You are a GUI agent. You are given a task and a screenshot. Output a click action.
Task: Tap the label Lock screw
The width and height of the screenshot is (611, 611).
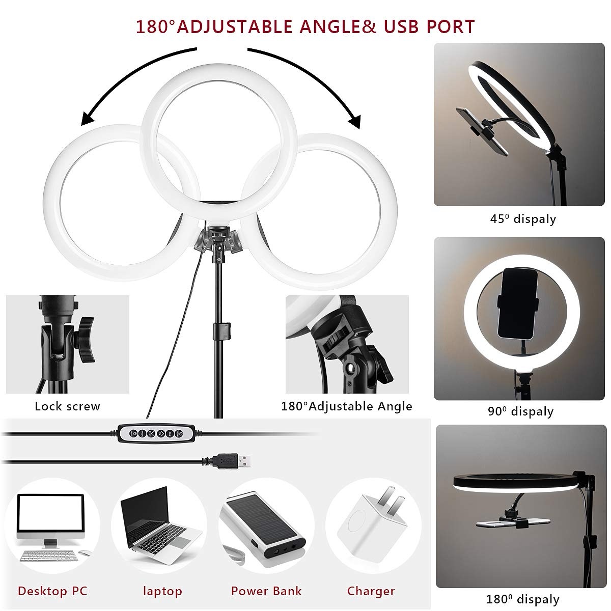pos(67,406)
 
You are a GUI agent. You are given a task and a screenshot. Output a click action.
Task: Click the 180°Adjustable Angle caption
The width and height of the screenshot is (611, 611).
pos(347,406)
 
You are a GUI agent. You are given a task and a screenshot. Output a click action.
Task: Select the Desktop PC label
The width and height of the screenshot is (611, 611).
pos(52,591)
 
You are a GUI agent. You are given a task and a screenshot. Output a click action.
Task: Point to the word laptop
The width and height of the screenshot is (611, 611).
pos(162,592)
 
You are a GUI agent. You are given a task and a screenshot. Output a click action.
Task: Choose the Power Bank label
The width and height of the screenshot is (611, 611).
pos(266,591)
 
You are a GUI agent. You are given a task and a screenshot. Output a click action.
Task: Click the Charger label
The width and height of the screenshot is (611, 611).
pos(371,591)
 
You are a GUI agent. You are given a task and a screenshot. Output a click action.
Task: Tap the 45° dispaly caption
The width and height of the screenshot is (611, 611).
pos(523,219)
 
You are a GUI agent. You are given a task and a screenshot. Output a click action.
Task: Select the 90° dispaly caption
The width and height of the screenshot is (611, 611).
pos(521,411)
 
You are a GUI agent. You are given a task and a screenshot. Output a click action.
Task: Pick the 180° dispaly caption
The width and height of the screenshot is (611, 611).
pos(523,599)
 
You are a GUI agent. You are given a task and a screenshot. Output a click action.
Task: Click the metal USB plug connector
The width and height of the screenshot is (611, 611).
pos(244,461)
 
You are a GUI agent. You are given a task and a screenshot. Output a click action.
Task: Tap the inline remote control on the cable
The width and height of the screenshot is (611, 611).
pos(156,433)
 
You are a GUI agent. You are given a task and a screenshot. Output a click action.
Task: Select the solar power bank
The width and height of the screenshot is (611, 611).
pos(263,529)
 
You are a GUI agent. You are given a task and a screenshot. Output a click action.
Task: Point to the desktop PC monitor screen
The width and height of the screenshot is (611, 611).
pos(51,514)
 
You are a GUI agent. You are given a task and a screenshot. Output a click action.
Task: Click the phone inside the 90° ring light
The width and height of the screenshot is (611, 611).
pos(518,303)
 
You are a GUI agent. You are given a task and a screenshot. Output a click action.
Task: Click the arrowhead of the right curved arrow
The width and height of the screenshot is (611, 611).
pos(355,122)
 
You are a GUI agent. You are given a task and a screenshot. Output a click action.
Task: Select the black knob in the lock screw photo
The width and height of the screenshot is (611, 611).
pos(86,340)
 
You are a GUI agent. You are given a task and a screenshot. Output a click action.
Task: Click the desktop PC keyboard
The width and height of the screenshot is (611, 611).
pos(49,556)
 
